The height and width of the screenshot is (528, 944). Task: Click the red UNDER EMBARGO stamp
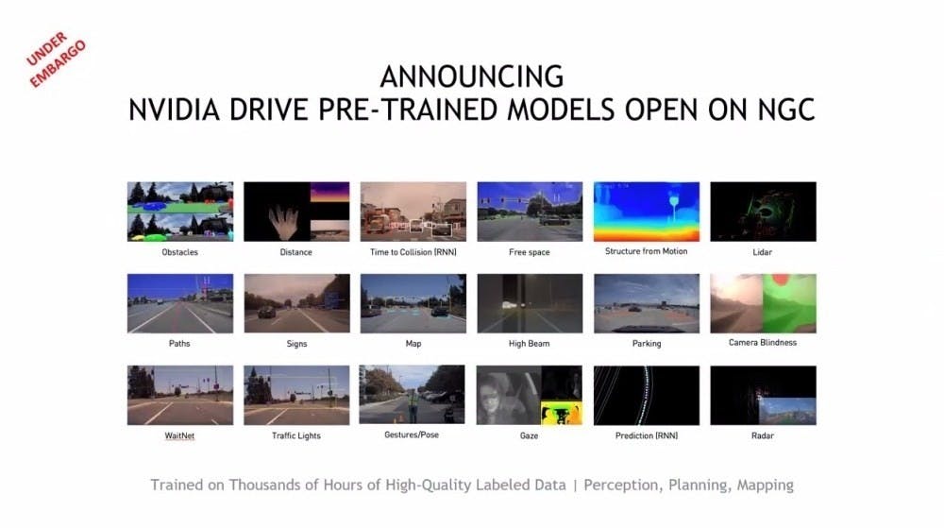[56, 59]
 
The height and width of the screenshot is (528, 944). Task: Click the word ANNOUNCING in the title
[472, 77]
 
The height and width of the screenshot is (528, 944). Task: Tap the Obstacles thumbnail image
[180, 212]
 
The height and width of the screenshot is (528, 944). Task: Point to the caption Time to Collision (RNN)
[413, 252]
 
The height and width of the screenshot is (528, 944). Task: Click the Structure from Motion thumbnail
[647, 212]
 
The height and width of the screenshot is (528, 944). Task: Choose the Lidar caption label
[762, 252]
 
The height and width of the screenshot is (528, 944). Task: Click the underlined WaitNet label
[179, 435]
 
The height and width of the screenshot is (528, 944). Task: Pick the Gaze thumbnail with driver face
[530, 395]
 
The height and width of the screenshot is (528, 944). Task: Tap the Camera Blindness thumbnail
[764, 303]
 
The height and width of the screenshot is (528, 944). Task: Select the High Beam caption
[530, 344]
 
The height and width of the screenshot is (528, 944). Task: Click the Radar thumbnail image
[764, 395]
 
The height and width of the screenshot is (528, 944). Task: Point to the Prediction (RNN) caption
[647, 435]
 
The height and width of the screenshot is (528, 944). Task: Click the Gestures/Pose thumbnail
[413, 394]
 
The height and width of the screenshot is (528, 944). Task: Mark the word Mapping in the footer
[766, 485]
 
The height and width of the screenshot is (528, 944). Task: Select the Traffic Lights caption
[296, 435]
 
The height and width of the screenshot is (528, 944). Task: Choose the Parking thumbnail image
[647, 303]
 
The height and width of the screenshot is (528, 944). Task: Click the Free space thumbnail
[530, 212]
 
